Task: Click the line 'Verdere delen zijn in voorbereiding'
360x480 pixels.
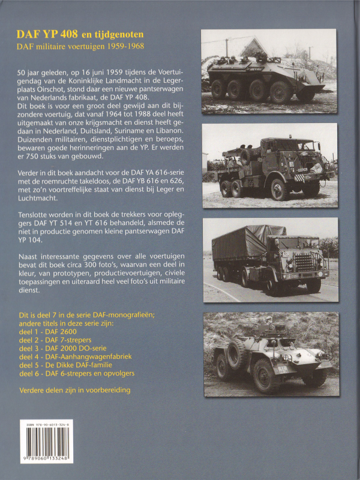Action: click(x=75, y=389)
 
